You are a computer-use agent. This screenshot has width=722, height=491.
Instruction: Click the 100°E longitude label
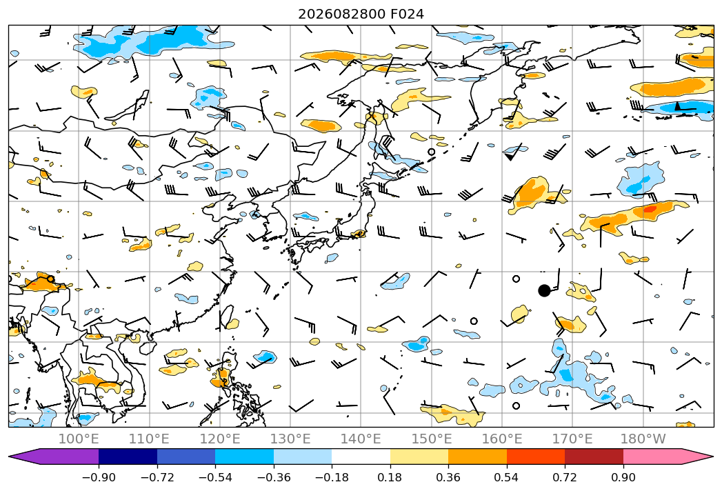click(x=79, y=439)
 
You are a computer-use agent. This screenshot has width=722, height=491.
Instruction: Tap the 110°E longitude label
click(x=149, y=439)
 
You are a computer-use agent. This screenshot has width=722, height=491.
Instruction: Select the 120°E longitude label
click(x=220, y=439)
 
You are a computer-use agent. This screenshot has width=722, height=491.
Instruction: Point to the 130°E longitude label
click(x=290, y=439)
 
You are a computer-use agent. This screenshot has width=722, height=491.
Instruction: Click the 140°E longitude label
click(x=361, y=439)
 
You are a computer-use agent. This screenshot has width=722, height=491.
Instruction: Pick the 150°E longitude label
click(x=432, y=439)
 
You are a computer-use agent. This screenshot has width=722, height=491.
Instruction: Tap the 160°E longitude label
click(x=502, y=439)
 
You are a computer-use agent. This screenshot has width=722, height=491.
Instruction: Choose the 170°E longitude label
click(x=572, y=439)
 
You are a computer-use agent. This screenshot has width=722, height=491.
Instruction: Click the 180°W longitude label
click(x=643, y=439)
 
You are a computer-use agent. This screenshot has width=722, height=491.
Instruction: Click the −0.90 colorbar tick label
click(x=99, y=477)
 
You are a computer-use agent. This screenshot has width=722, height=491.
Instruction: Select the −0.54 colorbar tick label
click(x=215, y=477)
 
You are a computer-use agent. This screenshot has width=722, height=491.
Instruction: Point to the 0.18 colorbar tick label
click(x=390, y=477)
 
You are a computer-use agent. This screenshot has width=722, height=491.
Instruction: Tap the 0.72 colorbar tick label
click(x=565, y=477)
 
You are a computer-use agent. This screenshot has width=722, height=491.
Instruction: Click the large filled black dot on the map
click(x=544, y=290)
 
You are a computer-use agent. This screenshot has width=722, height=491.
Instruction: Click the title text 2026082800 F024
click(x=361, y=14)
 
